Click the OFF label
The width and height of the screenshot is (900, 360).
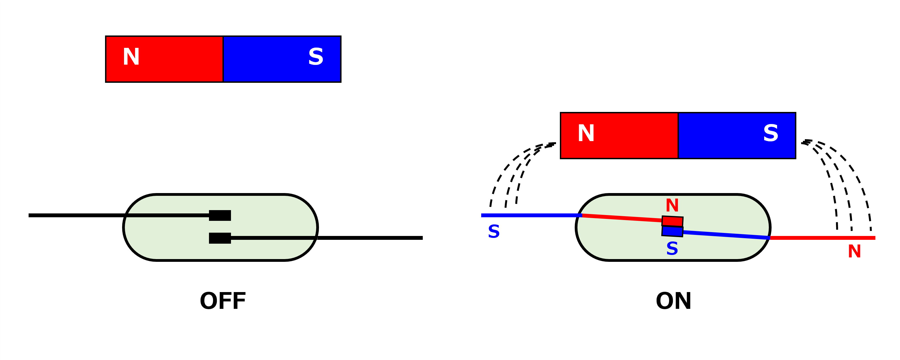tap(223, 301)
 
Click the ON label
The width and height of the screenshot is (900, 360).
tap(674, 301)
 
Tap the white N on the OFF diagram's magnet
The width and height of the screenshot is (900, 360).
tap(131, 57)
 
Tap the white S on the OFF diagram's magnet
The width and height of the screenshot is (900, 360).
tap(316, 57)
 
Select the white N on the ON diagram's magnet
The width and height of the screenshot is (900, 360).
tap(586, 133)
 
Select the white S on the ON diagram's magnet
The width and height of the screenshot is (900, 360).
tap(771, 133)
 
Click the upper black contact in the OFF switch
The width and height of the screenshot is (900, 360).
tap(220, 215)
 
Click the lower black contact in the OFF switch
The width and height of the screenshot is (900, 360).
tap(220, 238)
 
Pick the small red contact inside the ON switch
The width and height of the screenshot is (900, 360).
tap(673, 221)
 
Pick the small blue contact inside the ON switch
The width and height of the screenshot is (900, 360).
tap(673, 231)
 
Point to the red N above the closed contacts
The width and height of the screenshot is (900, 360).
tap(672, 205)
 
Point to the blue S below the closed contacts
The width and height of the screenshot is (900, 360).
tap(672, 249)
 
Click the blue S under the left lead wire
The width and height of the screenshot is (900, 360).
tap(494, 231)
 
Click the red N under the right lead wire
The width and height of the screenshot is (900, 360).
tap(854, 251)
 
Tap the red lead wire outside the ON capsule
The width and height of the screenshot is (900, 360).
tap(822, 238)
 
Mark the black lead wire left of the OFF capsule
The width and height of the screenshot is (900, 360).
tap(76, 215)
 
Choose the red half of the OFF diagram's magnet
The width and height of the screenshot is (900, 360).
tap(164, 59)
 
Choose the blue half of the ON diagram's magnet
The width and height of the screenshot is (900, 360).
tap(737, 136)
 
